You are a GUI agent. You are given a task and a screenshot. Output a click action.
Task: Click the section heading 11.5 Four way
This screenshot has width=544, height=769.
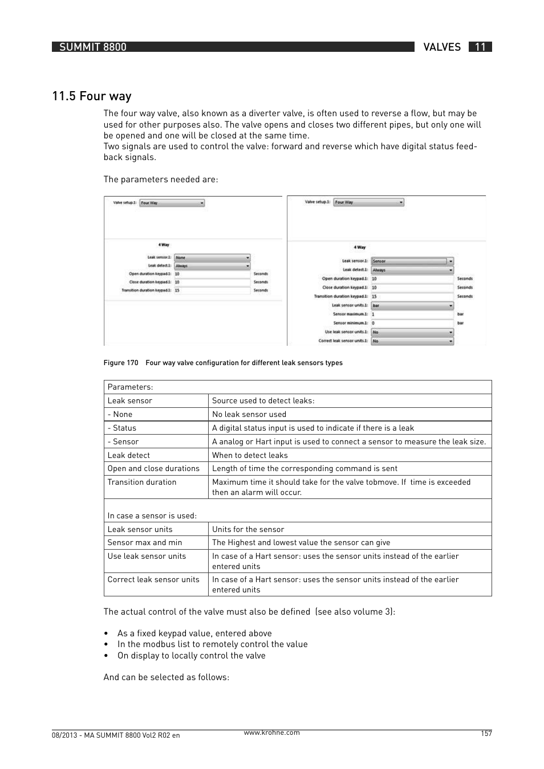coord(92,96)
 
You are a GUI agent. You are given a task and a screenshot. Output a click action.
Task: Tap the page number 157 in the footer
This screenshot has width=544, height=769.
coord(485,734)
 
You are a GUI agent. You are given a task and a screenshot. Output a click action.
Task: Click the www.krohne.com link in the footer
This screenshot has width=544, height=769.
coord(271,733)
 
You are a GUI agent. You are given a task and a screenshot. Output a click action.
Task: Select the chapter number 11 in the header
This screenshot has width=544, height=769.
coord(480,47)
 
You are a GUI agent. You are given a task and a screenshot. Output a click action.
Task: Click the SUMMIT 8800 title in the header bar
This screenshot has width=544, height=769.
coord(93,47)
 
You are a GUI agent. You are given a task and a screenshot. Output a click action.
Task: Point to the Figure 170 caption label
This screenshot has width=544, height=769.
coord(121,363)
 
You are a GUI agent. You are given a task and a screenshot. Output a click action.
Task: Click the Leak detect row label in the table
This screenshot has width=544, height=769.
coord(129,455)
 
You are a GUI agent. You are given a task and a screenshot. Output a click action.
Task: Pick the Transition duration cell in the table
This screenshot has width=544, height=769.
coord(142,482)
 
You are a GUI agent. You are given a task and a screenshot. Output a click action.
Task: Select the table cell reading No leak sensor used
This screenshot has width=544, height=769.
coord(249,414)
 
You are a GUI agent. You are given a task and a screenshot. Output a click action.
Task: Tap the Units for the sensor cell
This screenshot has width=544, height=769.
coord(248,529)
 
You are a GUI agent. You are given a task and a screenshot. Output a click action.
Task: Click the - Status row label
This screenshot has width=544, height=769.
coord(122,428)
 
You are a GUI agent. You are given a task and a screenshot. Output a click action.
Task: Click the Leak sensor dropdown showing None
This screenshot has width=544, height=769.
coord(212,257)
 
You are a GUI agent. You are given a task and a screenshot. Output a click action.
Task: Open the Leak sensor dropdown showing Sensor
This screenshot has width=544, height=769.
coord(412,261)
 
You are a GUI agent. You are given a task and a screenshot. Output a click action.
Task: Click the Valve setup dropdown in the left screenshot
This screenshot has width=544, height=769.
coord(172,203)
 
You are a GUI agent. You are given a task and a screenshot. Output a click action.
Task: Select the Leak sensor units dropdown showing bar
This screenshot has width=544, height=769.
coord(412,305)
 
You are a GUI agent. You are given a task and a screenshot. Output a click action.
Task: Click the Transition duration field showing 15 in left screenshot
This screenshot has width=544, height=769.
coord(212,290)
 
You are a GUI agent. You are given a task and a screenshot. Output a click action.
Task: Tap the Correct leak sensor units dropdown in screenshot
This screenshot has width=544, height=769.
coord(412,341)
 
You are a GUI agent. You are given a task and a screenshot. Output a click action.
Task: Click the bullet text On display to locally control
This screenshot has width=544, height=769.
coord(191,656)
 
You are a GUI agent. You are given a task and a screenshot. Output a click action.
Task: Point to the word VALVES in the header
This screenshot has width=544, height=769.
coord(442,47)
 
